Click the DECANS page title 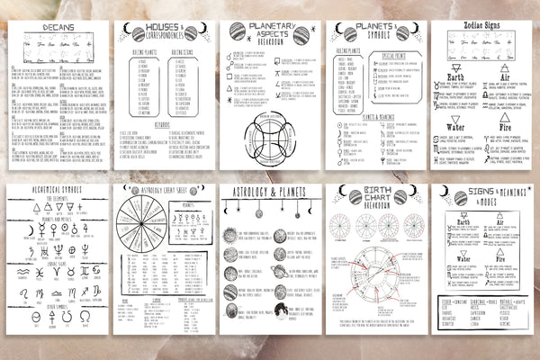(x=40, y=28)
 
